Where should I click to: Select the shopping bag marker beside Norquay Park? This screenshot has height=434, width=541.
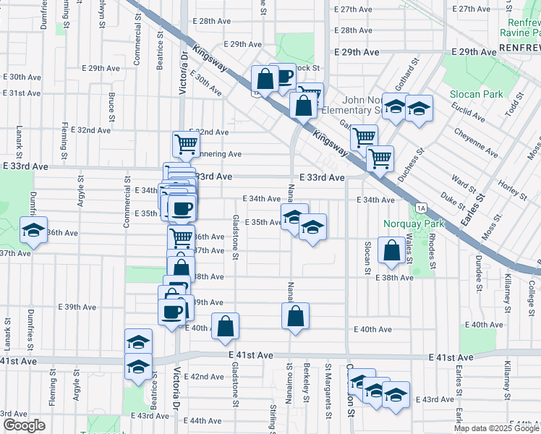(x=391, y=251)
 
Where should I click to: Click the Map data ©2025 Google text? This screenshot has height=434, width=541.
(x=497, y=428)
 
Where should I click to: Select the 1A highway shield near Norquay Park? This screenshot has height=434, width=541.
(x=421, y=209)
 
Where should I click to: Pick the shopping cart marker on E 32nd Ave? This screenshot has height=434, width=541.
(x=187, y=143)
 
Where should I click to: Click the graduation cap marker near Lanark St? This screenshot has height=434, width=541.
(x=33, y=231)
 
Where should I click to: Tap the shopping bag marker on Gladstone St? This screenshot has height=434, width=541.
(x=225, y=326)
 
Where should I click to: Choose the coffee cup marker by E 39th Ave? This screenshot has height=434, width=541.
(x=171, y=312)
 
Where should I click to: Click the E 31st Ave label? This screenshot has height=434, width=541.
(x=22, y=93)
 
